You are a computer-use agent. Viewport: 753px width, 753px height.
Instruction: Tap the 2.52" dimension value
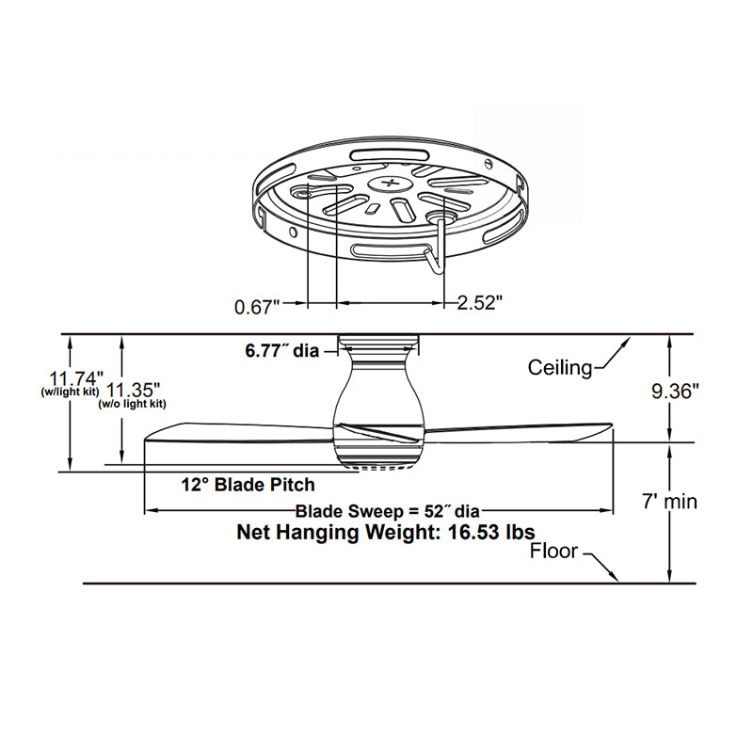[480, 303]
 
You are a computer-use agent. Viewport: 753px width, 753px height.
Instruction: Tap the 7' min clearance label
[670, 502]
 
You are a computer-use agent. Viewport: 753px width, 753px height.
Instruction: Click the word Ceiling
[560, 367]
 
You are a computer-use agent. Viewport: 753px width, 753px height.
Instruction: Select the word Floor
[553, 551]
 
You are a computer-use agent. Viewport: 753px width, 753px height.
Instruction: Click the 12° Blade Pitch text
[248, 485]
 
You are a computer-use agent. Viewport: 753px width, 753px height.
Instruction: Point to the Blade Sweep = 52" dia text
[388, 511]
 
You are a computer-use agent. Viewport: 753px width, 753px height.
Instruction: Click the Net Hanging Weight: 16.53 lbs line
[386, 533]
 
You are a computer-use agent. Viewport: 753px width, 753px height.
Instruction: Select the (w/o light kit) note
[133, 404]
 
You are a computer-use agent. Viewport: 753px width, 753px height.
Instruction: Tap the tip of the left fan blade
[147, 438]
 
